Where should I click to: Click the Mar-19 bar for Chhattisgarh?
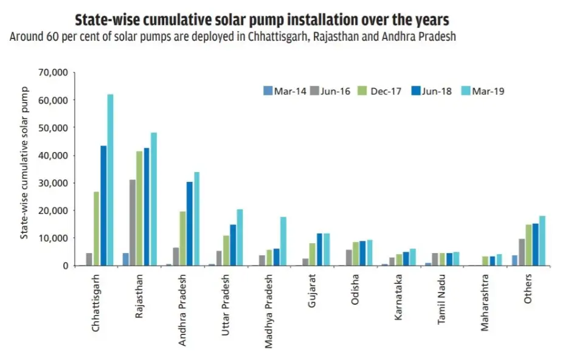click(x=110, y=180)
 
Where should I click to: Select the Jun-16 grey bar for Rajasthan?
click(x=133, y=223)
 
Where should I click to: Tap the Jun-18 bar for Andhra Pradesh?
click(x=190, y=224)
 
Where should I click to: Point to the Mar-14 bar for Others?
click(x=514, y=260)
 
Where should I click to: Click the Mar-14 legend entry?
click(x=281, y=92)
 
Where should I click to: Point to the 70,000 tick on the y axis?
click(x=53, y=72)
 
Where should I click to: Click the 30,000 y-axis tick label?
click(x=53, y=183)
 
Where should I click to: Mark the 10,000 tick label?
click(x=53, y=238)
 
